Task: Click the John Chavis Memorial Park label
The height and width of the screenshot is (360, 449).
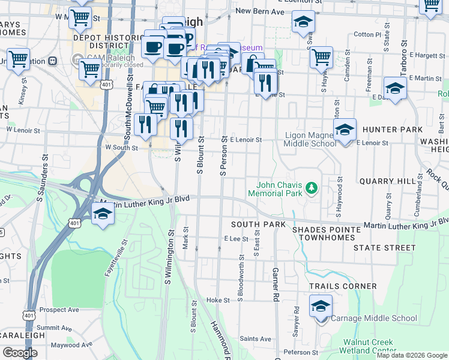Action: click(279, 188)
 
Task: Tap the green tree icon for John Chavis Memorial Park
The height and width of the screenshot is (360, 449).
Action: click(311, 188)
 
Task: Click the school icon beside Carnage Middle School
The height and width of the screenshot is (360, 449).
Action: click(321, 307)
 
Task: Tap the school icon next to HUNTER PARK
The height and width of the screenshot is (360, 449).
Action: click(345, 130)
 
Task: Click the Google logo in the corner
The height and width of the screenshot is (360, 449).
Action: click(20, 353)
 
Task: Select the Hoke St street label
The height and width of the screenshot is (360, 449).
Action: click(218, 300)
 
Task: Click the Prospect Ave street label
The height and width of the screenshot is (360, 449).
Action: click(59, 310)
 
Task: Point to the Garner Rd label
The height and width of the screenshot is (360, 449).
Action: click(276, 284)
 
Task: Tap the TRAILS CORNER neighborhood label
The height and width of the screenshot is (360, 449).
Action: click(343, 287)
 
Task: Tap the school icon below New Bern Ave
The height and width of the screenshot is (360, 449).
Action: click(303, 22)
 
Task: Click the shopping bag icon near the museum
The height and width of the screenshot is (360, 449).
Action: click(253, 63)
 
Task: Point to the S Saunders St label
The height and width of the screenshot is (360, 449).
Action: click(44, 176)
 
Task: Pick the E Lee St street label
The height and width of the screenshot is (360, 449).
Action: click(236, 239)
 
